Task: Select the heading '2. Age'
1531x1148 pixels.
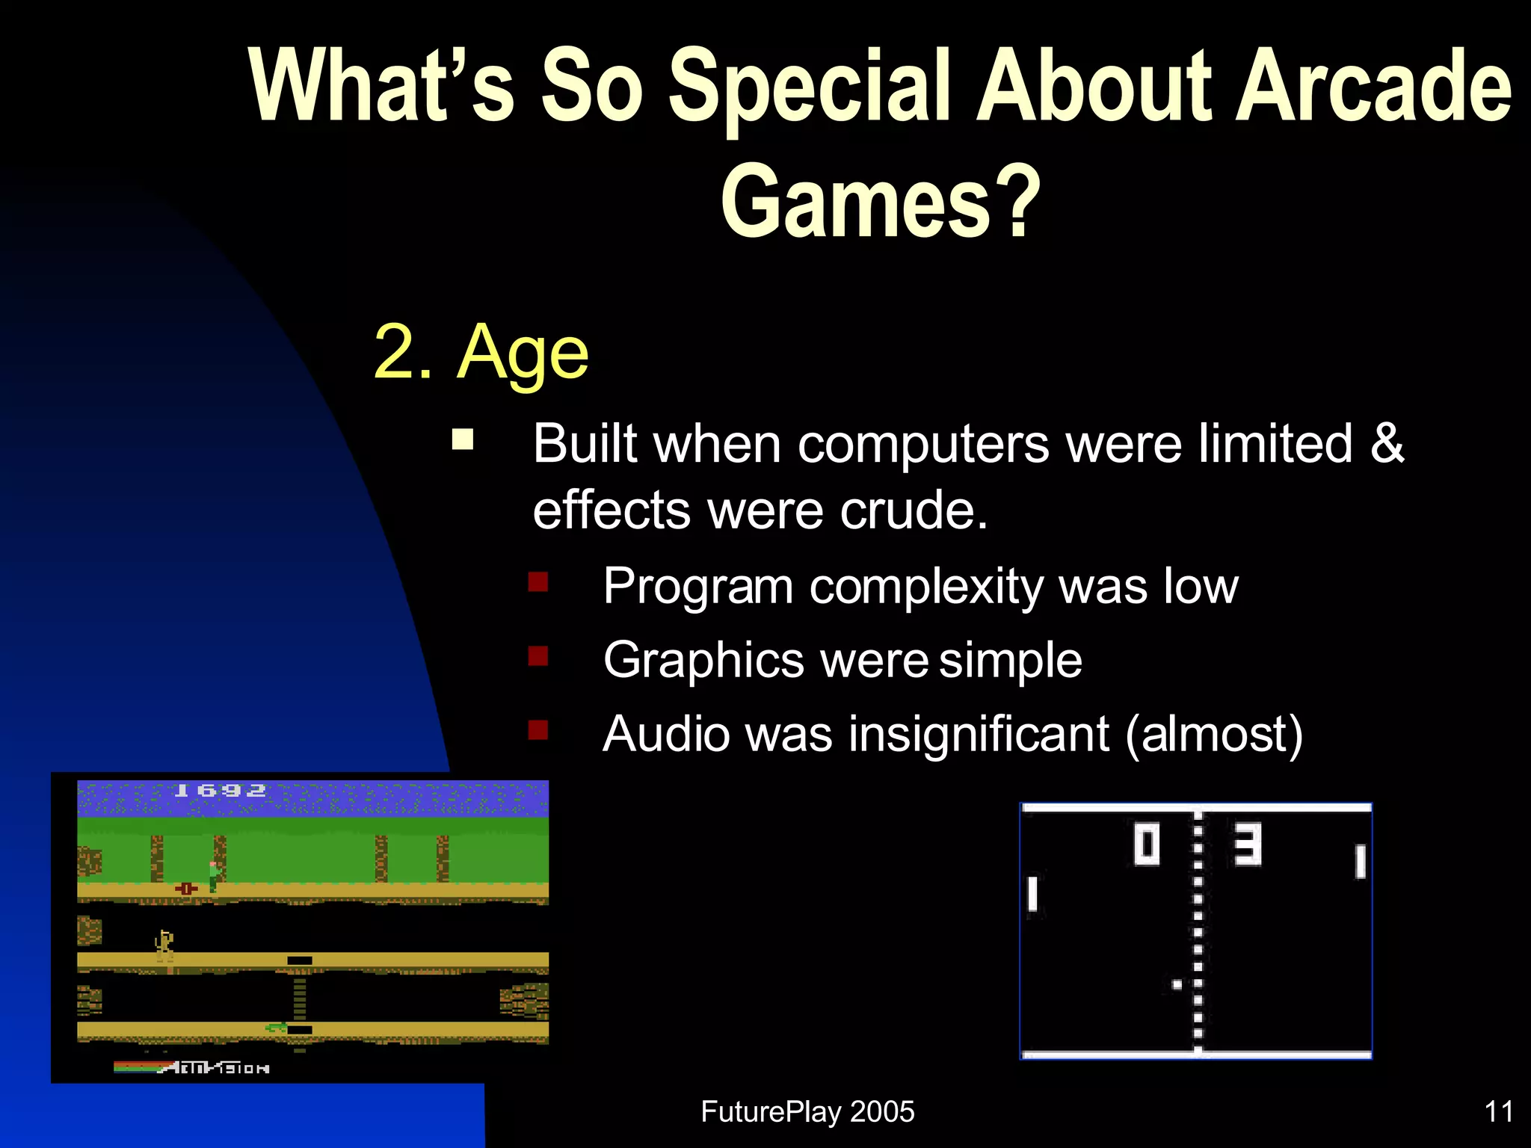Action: (x=481, y=352)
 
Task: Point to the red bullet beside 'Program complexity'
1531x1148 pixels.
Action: (x=538, y=581)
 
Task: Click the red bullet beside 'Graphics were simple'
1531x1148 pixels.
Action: (x=538, y=655)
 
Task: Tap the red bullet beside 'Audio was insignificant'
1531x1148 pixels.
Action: (x=538, y=729)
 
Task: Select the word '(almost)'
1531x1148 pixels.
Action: (x=1214, y=733)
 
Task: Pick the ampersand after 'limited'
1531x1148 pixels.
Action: (x=1387, y=443)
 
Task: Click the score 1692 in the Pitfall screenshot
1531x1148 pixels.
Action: (x=219, y=791)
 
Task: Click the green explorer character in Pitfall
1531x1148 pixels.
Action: (x=214, y=875)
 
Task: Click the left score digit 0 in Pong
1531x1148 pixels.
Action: (x=1146, y=845)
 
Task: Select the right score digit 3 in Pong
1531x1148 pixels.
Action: (x=1247, y=845)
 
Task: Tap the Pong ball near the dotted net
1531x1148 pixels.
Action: (x=1177, y=984)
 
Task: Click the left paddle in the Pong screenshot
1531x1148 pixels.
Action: (x=1032, y=894)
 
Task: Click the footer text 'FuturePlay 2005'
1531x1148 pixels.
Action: (x=807, y=1111)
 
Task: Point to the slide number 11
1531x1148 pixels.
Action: (x=1498, y=1111)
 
